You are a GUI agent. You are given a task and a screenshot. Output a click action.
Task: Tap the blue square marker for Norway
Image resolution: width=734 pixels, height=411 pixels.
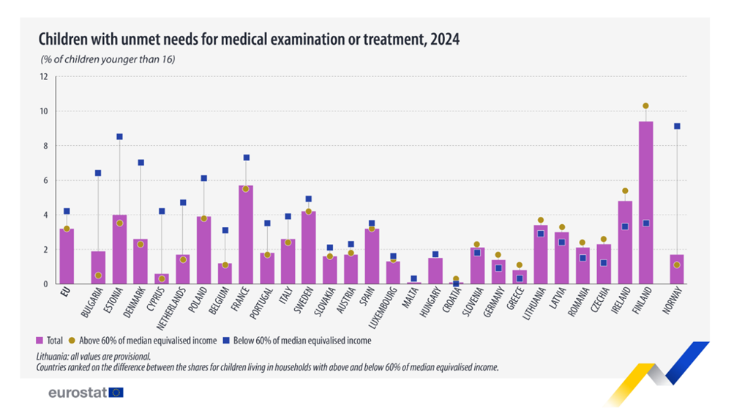click(677, 127)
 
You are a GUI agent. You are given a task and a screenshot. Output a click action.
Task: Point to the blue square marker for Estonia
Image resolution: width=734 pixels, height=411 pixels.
click(119, 137)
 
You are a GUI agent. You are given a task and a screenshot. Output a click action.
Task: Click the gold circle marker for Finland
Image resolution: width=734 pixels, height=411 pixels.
click(645, 106)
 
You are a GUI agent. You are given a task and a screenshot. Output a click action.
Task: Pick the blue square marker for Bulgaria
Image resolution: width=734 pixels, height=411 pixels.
click(98, 173)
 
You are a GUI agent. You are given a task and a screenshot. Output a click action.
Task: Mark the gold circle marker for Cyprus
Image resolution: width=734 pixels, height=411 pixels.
click(162, 279)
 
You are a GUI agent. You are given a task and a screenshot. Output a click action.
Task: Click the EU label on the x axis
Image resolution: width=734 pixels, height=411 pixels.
click(65, 296)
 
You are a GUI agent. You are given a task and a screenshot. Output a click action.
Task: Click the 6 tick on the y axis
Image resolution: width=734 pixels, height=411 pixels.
click(45, 180)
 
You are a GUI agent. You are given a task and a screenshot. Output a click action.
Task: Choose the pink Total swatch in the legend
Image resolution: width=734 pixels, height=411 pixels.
click(40, 341)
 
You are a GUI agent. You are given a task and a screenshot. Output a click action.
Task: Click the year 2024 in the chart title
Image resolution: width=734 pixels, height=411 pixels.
click(443, 39)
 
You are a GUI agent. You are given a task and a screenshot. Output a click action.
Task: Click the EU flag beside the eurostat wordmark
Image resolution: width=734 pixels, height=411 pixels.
click(116, 393)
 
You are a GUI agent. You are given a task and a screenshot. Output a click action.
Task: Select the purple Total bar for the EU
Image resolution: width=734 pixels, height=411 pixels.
click(67, 256)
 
